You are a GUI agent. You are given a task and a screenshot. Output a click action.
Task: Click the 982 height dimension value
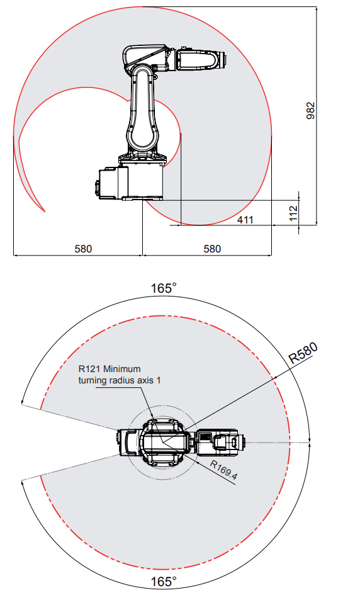310,111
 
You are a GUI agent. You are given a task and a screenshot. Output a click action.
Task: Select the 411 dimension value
245,220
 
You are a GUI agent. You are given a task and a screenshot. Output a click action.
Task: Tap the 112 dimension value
294,213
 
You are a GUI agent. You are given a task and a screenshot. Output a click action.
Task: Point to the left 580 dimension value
83,249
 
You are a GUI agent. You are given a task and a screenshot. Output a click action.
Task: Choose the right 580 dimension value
212,249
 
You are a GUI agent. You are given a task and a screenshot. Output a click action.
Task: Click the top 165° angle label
164,288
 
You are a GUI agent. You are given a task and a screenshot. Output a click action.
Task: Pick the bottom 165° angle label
164,582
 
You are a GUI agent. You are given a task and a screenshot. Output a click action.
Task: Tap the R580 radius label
303,353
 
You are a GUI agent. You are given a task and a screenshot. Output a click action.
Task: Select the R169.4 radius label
224,470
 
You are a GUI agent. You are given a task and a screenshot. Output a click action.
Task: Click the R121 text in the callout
89,369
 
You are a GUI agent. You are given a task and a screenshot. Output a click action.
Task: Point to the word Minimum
122,369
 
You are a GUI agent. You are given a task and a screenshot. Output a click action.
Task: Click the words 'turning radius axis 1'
120,380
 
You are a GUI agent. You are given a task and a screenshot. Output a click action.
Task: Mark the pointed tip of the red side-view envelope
45,212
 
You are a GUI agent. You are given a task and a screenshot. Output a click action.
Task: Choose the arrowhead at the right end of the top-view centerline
310,442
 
